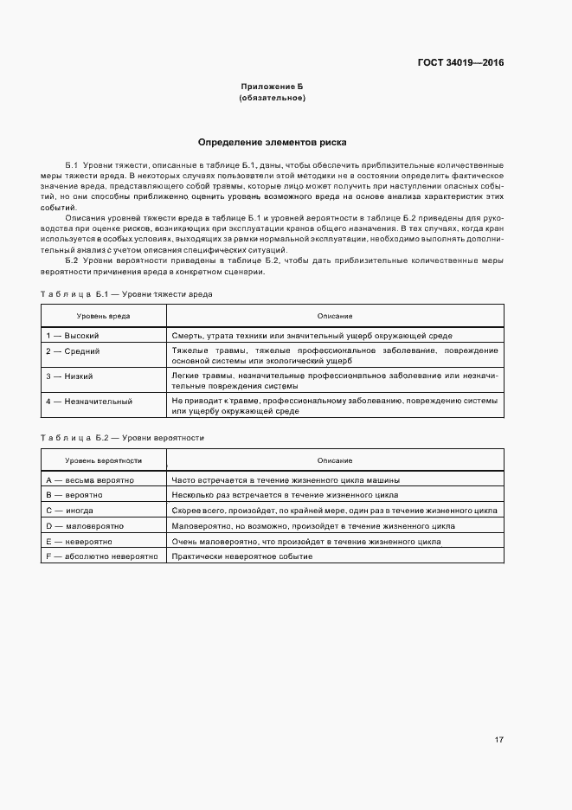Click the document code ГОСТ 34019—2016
click(461, 63)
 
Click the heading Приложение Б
click(273, 87)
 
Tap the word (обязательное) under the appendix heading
click(273, 99)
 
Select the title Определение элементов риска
click(273, 141)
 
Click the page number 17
click(499, 740)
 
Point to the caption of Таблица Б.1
click(126, 294)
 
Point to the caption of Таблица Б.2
click(122, 438)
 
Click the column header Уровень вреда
click(103, 316)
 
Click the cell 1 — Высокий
click(73, 335)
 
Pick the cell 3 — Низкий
click(70, 376)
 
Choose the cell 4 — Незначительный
click(88, 402)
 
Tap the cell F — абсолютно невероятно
click(101, 556)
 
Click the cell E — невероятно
click(74, 541)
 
